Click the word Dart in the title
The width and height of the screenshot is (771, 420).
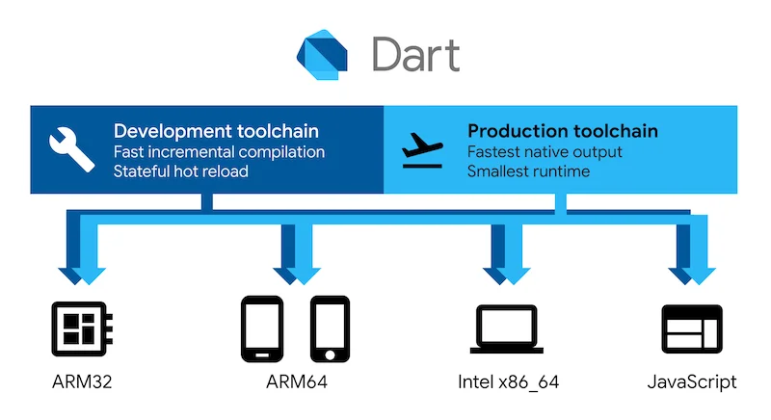click(415, 54)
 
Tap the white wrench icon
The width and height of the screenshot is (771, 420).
click(72, 147)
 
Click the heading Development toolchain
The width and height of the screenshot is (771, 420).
click(216, 130)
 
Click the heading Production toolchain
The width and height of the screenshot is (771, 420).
click(563, 130)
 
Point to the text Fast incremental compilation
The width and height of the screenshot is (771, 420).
click(219, 151)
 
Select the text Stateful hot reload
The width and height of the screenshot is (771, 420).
click(180, 171)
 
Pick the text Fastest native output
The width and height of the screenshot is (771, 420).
click(545, 151)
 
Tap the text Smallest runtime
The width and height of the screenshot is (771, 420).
click(528, 171)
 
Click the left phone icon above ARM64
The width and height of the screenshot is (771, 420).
click(261, 328)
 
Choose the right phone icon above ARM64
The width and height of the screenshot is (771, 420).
click(330, 328)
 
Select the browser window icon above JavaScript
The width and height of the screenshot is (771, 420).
click(691, 328)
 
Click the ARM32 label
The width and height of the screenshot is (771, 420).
click(79, 382)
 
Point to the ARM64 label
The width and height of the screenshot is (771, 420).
click(296, 382)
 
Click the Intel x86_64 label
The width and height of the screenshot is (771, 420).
click(508, 382)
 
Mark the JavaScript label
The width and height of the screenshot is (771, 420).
click(692, 382)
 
